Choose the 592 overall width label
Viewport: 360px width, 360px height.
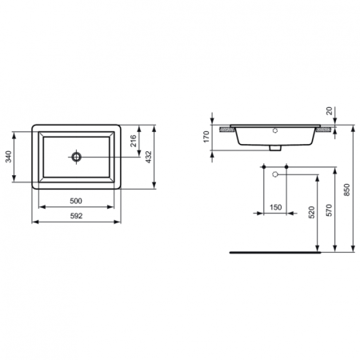click(x=76, y=216)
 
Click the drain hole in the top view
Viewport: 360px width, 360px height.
click(x=77, y=157)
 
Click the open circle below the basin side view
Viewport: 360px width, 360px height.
click(x=276, y=174)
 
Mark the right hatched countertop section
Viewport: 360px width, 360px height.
click(x=326, y=129)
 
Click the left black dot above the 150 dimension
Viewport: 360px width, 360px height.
click(x=263, y=167)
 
